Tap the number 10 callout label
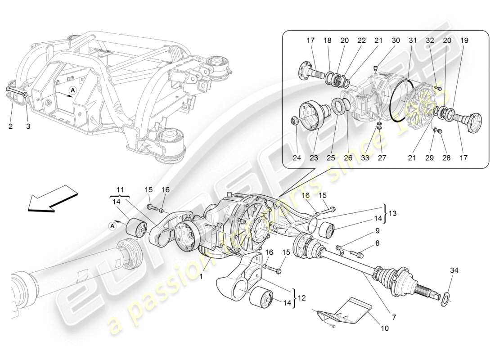pos(385,329)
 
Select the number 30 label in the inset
pos(396,40)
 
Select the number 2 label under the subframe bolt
pos(10,126)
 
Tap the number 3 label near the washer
pos(28,126)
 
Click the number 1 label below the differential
pos(201,277)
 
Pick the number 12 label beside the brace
pos(301,297)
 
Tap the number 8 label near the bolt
pos(377,243)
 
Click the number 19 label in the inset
pos(464,40)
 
